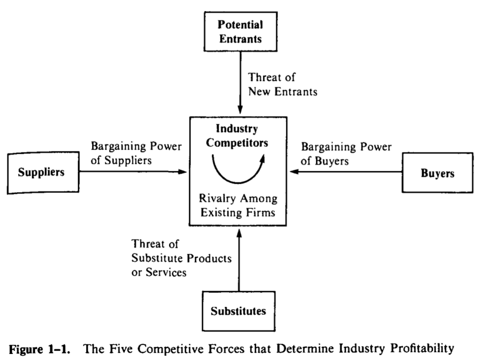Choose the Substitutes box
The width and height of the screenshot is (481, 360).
point(238,311)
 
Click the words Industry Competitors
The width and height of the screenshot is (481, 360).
point(238,136)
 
